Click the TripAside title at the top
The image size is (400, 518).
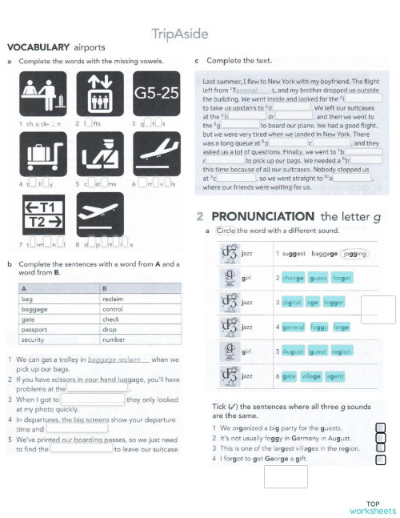click(x=180, y=34)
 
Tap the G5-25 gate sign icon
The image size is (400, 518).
click(x=156, y=94)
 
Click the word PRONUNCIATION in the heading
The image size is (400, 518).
click(x=263, y=216)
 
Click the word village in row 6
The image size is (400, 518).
click(x=311, y=375)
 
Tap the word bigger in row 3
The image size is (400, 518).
click(x=334, y=303)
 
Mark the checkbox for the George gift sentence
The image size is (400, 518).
click(x=381, y=460)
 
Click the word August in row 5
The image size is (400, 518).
click(x=294, y=351)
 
